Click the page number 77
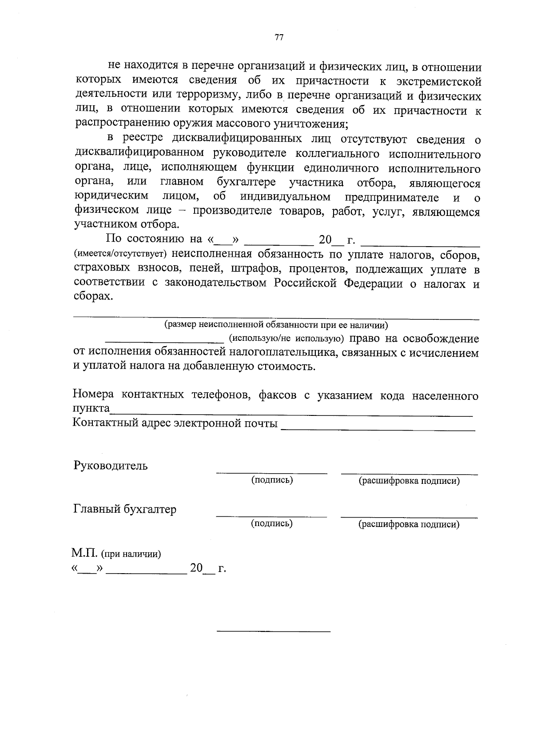pos(278,38)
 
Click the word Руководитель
pos(110,466)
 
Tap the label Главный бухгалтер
pos(124,509)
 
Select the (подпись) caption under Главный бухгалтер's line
pos(271,523)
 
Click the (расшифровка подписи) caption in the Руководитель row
pos(409,481)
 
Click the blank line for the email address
pos(378,429)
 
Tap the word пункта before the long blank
pos(91,408)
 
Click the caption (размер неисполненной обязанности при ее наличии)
pos(276,324)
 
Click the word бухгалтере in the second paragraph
pos(246,182)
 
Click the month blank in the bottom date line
pos(146,573)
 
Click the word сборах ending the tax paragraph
pos(93,296)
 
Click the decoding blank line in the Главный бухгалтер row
pos(409,516)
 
